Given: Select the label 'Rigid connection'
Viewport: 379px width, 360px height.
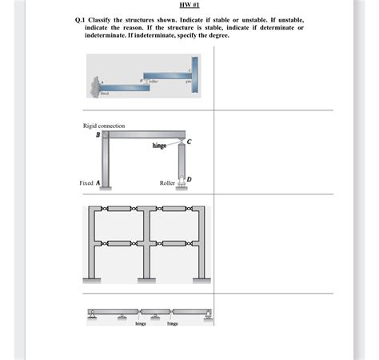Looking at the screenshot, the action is pyautogui.click(x=104, y=126).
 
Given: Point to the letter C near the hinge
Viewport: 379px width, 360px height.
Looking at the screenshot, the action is pyautogui.click(x=189, y=143).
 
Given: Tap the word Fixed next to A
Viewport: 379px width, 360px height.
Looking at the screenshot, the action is pyautogui.click(x=87, y=182).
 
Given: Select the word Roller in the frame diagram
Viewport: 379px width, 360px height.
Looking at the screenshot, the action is pyautogui.click(x=167, y=182).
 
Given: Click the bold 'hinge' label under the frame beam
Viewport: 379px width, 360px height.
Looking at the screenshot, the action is pyautogui.click(x=158, y=146).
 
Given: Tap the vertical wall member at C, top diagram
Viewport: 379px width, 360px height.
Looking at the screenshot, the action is pyautogui.click(x=194, y=74).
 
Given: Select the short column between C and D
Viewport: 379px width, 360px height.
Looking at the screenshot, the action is pyautogui.click(x=182, y=164).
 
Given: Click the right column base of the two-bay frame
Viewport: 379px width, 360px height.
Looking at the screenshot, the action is pyautogui.click(x=198, y=280).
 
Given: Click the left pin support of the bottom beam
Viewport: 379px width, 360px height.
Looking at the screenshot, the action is pyautogui.click(x=93, y=316).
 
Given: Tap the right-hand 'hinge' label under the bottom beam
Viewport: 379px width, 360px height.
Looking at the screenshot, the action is pyautogui.click(x=173, y=324).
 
